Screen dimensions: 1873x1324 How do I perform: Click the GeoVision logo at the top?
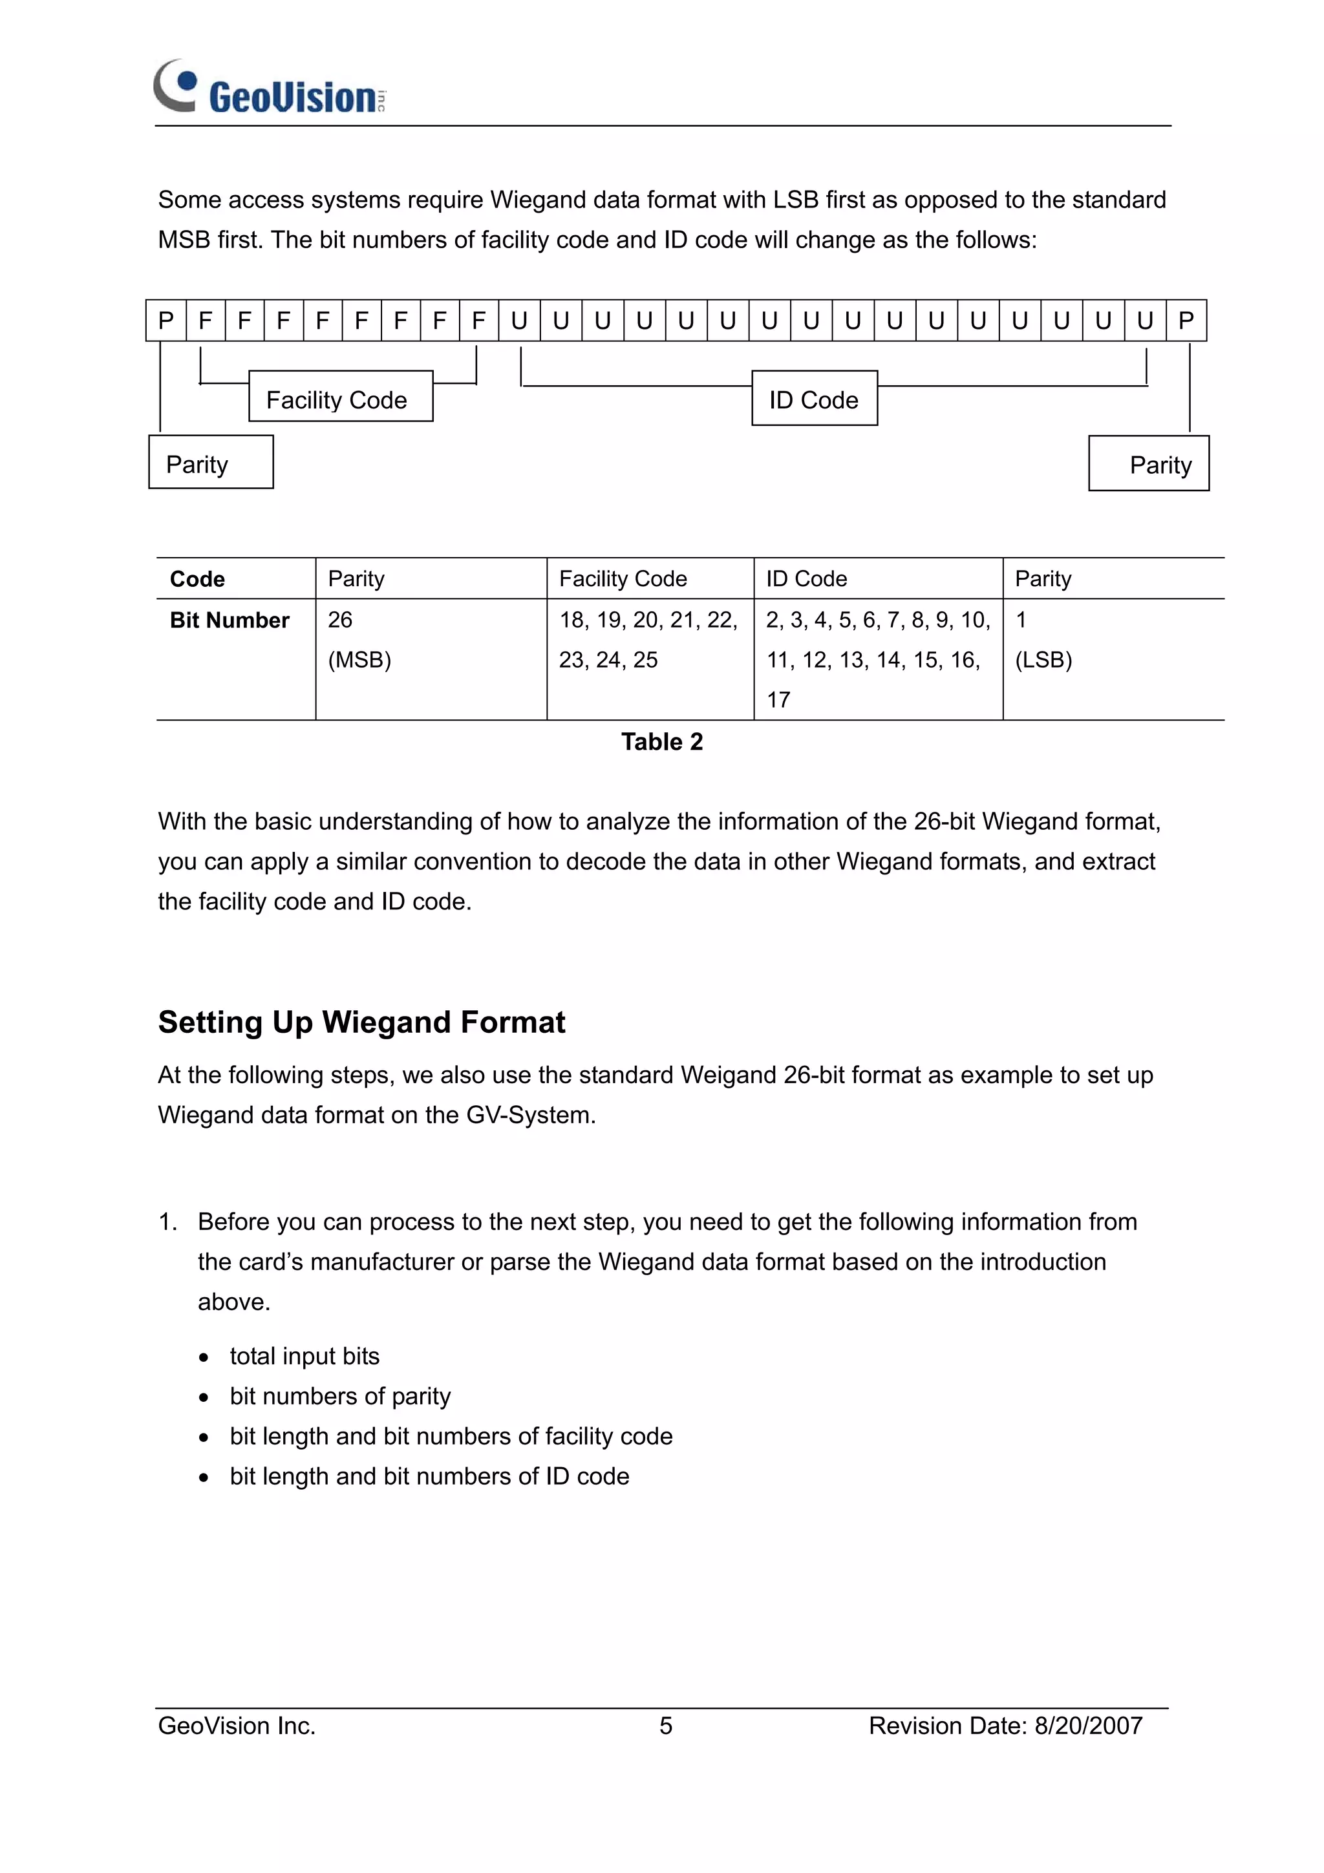(269, 88)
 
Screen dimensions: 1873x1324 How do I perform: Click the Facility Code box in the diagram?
(340, 397)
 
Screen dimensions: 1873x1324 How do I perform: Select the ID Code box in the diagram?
(814, 399)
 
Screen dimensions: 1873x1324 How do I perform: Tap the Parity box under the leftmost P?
(211, 463)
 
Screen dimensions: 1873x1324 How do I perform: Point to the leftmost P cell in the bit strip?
(166, 321)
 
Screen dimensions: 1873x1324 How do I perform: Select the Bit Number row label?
(230, 620)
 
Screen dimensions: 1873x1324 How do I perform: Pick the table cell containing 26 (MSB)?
(359, 640)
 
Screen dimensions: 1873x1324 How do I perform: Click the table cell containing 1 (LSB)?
(1043, 640)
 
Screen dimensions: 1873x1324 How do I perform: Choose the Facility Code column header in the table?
(623, 579)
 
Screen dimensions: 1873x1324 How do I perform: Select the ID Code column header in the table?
(806, 579)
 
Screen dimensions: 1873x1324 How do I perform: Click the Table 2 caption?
(661, 741)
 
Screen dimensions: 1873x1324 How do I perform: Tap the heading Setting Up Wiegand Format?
(361, 1022)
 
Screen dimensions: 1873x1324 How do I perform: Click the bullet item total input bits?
(304, 1356)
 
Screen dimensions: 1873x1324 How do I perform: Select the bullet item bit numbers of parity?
(340, 1396)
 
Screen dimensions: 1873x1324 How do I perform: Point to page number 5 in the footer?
(666, 1726)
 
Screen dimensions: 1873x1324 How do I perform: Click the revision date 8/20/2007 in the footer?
(1088, 1726)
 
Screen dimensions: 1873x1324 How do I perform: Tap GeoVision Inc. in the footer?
(237, 1726)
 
